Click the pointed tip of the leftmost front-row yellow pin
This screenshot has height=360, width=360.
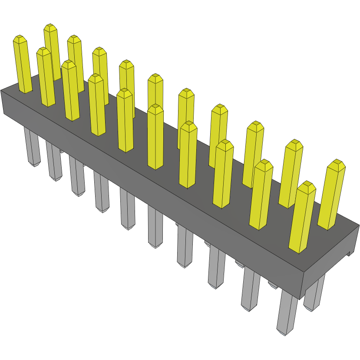[20, 38]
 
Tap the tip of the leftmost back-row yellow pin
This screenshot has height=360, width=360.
[50, 26]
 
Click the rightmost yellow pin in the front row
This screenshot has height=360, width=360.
[302, 217]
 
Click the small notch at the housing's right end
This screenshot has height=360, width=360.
[350, 254]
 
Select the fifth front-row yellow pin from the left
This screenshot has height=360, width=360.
[125, 122]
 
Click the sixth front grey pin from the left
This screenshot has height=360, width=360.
[155, 226]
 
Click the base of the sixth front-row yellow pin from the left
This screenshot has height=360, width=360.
[155, 166]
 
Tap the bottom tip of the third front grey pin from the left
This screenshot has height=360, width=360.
[79, 194]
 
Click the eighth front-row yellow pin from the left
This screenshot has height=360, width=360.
[223, 174]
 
